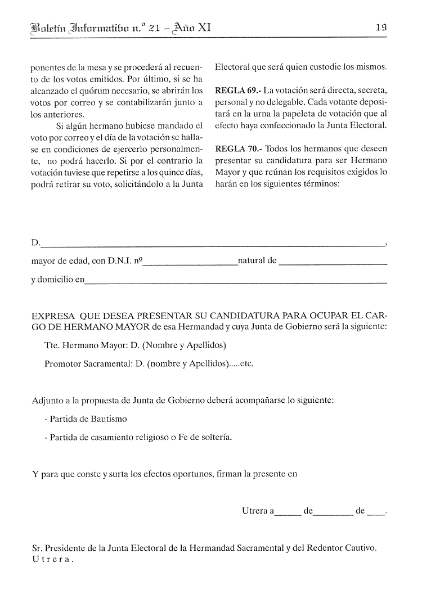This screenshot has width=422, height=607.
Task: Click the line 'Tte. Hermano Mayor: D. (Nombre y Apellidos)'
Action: [x=135, y=345]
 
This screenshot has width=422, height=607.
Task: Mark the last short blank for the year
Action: [x=376, y=513]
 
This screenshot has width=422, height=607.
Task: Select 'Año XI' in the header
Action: [x=192, y=26]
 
